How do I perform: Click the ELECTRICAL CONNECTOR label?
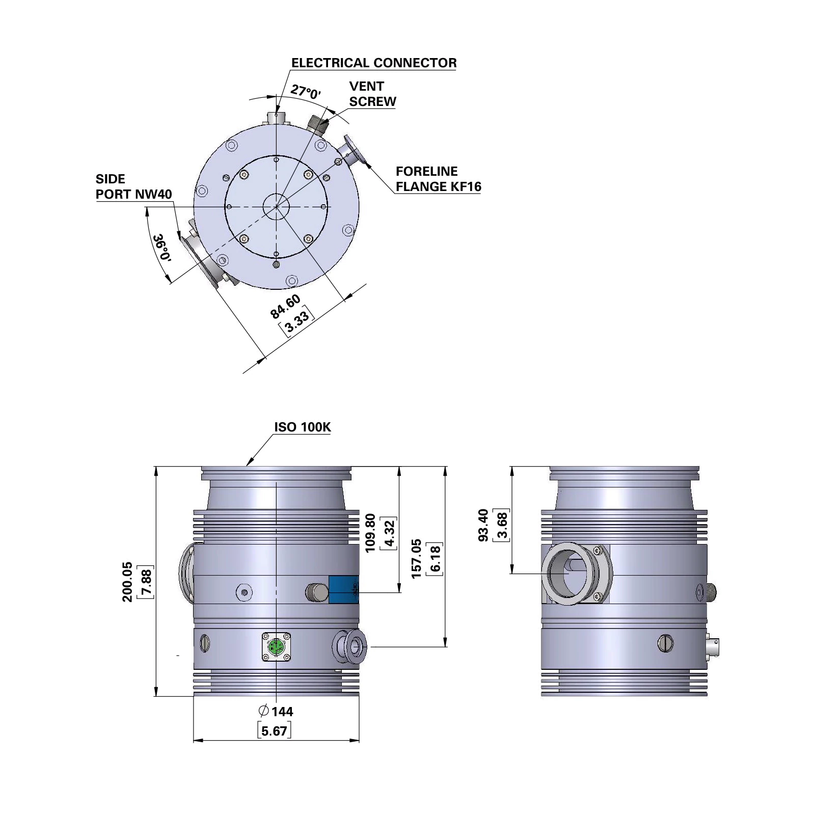coord(374,63)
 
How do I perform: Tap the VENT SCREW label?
coord(372,94)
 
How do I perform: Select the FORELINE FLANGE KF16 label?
coord(438,179)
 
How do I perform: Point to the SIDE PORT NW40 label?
coord(133,186)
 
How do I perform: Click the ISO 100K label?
coord(303,427)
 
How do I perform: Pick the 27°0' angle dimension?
coord(306,92)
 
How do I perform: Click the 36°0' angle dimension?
coord(162,248)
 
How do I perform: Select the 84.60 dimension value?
coord(285,307)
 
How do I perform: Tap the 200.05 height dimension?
coord(127,582)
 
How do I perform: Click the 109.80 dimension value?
coord(370,533)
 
